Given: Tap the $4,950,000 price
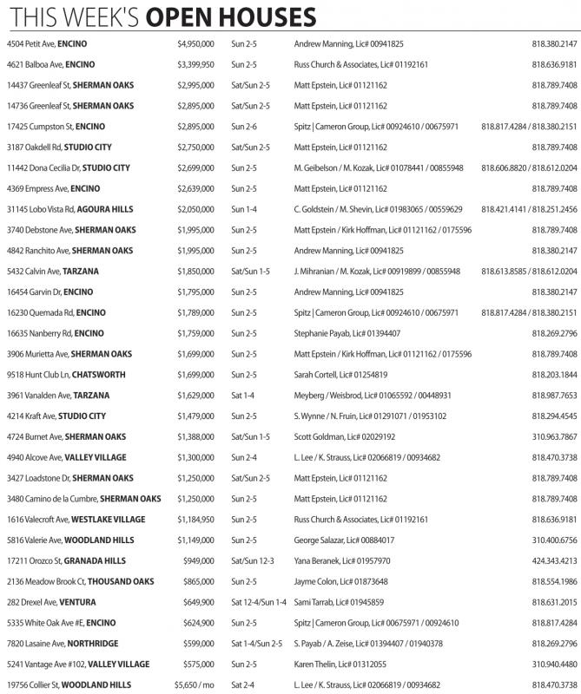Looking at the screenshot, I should tap(195, 43).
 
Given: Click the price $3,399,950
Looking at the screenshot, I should tap(195, 64).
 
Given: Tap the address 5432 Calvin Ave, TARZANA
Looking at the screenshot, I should tap(58, 271).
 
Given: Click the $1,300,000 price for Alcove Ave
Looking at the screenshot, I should tap(195, 457).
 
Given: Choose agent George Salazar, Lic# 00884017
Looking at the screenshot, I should tap(346, 540).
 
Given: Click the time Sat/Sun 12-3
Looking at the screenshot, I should tap(253, 560).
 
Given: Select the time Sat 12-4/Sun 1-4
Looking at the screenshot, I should tap(258, 602).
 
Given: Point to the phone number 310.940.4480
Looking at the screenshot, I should tap(554, 664).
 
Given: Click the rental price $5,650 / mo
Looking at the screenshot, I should tap(191, 684).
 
